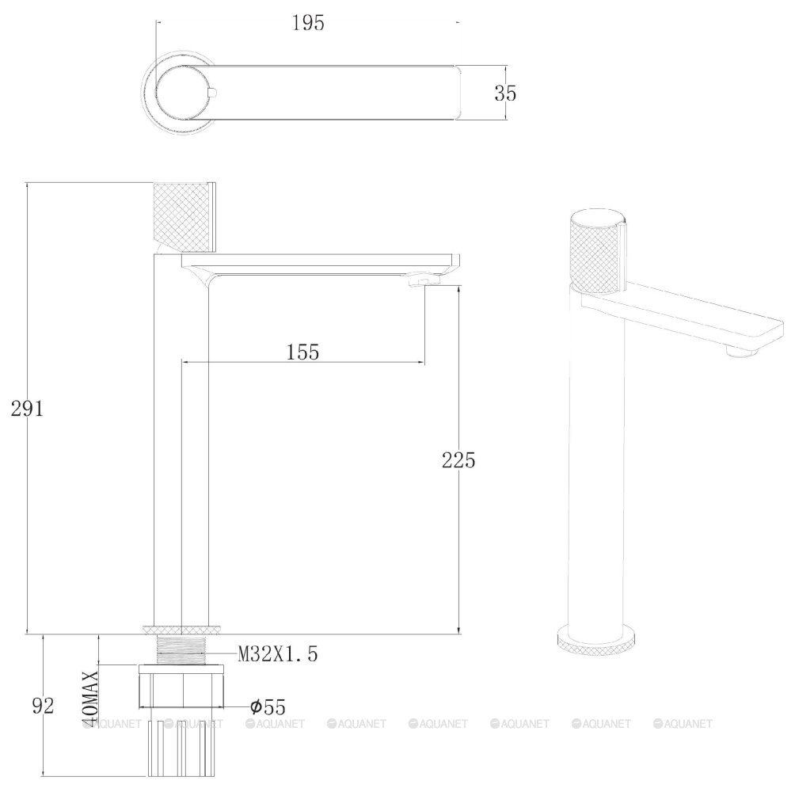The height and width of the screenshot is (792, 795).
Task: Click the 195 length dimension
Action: tap(308, 23)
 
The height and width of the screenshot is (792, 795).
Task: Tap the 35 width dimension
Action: tap(505, 93)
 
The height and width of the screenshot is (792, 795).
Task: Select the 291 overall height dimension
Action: tap(28, 408)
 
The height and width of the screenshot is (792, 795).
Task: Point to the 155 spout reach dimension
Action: tap(302, 352)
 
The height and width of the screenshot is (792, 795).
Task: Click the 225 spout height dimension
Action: tap(458, 460)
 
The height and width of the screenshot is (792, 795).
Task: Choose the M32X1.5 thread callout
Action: tap(278, 654)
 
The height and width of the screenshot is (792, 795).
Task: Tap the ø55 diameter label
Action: tap(268, 706)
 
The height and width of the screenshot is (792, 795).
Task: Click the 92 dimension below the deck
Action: tap(43, 706)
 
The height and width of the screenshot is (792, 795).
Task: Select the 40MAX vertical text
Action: tap(90, 699)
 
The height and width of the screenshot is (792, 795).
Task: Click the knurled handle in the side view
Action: tap(184, 217)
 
